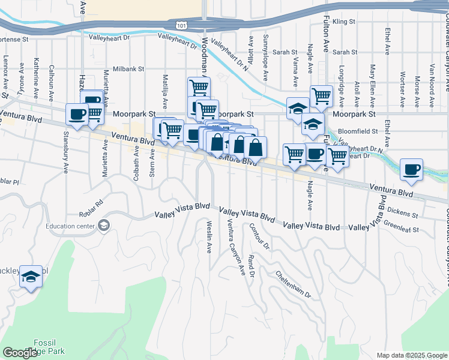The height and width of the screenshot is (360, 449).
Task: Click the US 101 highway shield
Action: coord(182,25)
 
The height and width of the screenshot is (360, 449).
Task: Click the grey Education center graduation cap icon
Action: coord(104,226)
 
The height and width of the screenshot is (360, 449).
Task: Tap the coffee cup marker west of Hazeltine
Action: coord(77,114)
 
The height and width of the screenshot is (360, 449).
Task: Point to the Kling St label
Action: coord(344,22)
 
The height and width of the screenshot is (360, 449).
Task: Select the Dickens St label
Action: coord(403,212)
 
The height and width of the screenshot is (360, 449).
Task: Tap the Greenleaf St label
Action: coord(401,226)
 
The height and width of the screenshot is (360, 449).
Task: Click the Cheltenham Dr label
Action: coord(294,284)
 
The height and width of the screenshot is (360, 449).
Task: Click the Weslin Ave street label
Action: coord(209,236)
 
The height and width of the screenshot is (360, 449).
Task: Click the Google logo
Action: coord(20,353)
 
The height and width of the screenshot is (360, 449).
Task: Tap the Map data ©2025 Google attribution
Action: coord(410,355)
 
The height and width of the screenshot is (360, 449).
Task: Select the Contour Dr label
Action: coord(259,235)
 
